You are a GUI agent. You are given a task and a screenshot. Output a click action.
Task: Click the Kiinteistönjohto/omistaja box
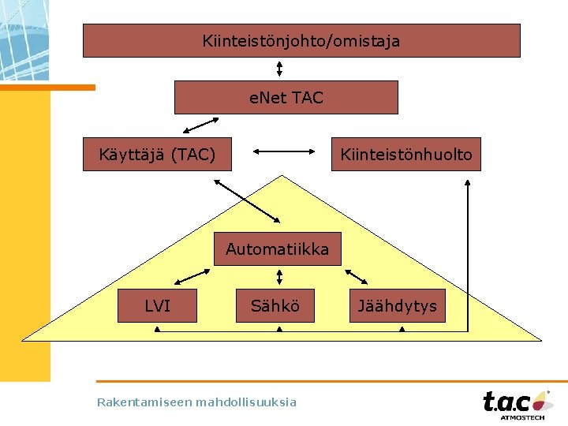click(301, 40)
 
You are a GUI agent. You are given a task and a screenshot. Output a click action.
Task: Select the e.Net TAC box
click(286, 98)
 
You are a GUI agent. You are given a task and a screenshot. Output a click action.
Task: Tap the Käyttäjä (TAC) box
click(158, 155)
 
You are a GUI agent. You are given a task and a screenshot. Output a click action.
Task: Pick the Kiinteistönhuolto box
click(405, 155)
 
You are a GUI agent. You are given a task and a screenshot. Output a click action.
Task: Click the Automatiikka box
click(277, 249)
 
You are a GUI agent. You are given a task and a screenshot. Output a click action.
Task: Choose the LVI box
click(157, 306)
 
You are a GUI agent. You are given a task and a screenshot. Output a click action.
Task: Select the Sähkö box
click(275, 306)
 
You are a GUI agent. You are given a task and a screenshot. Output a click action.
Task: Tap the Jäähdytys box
click(397, 306)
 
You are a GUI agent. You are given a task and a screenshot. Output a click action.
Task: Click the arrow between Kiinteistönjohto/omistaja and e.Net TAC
click(279, 69)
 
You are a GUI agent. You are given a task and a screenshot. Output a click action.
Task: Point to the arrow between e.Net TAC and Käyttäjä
click(200, 125)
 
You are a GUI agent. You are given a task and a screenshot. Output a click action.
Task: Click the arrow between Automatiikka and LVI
click(192, 275)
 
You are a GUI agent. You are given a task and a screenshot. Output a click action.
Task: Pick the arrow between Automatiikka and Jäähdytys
click(356, 276)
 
